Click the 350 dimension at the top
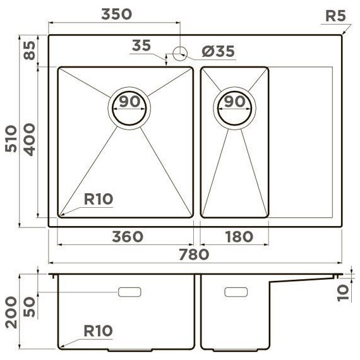(x=116, y=14)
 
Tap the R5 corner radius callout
(x=335, y=16)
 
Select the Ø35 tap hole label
(x=219, y=51)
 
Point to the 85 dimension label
(x=30, y=51)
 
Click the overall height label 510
(x=11, y=139)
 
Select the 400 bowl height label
(x=30, y=140)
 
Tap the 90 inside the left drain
(x=129, y=101)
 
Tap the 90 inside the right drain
(x=235, y=101)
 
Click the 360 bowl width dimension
(x=128, y=237)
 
